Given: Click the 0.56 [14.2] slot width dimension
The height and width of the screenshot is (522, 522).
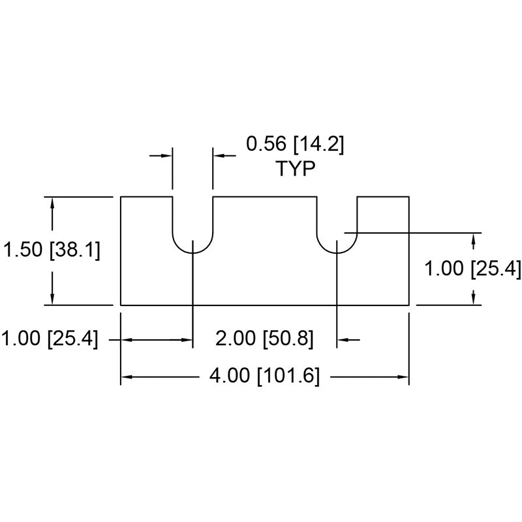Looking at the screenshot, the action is [295, 144].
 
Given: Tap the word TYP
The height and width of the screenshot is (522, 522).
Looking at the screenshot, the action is [296, 168].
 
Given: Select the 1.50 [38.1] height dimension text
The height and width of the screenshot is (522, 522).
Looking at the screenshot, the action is [52, 250].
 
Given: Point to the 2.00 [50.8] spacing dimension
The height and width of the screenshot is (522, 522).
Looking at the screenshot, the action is [264, 338].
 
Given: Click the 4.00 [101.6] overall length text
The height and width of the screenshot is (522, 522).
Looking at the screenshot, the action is [264, 376].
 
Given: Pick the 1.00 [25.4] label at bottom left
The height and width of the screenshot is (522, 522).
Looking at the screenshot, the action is [50, 338].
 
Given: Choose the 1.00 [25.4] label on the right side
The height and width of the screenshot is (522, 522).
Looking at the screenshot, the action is [472, 268].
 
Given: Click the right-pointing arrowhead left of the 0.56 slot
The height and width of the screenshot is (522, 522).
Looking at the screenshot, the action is [166, 155].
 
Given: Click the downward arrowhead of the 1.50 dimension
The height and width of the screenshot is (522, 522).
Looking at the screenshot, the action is [52, 298].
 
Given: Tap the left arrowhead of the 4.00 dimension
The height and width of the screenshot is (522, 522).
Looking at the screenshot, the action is [127, 377].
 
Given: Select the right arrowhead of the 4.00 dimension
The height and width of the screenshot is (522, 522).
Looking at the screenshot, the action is [403, 377].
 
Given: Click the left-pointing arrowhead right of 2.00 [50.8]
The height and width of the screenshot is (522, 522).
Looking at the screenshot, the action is [343, 340].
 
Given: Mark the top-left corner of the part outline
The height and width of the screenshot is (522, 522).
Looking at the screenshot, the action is [121, 197].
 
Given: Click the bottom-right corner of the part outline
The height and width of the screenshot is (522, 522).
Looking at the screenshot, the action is [409, 305].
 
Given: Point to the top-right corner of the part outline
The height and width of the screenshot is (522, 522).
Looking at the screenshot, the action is [409, 197].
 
